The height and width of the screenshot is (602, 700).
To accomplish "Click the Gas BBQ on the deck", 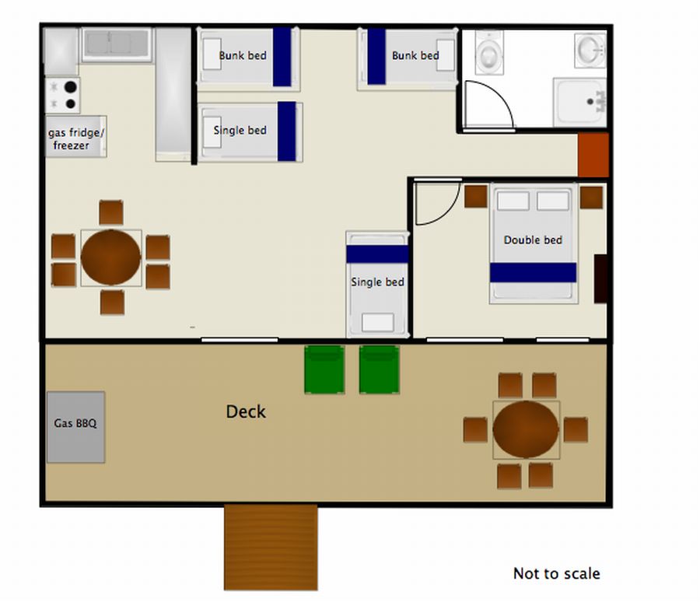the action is click(76, 427).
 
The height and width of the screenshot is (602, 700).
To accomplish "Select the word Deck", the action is click(246, 411).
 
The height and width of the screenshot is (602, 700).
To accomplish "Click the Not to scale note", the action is click(556, 573).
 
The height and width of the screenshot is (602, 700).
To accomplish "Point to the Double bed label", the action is click(533, 240).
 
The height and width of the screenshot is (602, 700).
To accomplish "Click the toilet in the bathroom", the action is click(489, 52).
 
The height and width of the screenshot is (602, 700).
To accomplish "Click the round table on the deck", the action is click(526, 429).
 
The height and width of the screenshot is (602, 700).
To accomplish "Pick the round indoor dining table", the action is click(110, 257).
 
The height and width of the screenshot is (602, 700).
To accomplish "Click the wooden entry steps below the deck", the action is click(271, 548).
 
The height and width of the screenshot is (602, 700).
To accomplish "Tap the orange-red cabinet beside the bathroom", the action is click(593, 155).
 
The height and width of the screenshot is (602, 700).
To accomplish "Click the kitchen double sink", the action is click(117, 44).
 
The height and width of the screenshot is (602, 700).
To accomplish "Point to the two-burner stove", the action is click(63, 95).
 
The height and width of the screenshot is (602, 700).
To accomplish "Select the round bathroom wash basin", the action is click(590, 51).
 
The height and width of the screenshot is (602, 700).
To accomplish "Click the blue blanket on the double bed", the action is click(533, 272).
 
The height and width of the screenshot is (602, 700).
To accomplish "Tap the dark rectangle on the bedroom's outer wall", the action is click(600, 278).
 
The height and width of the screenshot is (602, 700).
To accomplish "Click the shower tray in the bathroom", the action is click(580, 102).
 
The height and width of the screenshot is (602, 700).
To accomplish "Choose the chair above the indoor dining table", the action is click(111, 212).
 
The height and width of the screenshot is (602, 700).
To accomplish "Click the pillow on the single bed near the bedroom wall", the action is click(378, 323).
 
